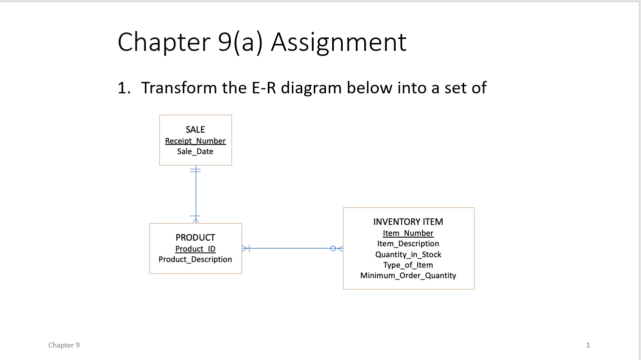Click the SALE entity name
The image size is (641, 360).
(x=195, y=130)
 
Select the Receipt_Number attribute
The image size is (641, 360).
(x=195, y=141)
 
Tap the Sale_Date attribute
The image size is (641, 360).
(x=195, y=151)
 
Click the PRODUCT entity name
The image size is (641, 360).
(x=195, y=238)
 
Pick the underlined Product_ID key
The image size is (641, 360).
(x=195, y=249)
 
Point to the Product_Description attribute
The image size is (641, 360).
(x=195, y=259)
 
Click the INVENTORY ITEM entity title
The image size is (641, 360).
(x=408, y=222)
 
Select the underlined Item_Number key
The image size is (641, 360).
(x=408, y=233)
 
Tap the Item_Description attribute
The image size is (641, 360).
(x=408, y=244)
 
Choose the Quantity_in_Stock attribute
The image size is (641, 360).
(x=408, y=255)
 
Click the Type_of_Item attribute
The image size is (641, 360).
(x=408, y=265)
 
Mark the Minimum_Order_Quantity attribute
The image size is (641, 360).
(x=408, y=276)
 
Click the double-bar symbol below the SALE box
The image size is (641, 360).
(x=196, y=170)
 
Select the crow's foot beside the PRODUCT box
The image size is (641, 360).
(x=246, y=248)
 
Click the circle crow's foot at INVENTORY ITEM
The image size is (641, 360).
(x=337, y=248)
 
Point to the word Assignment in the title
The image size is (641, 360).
(x=339, y=42)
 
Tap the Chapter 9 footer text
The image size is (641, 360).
(x=64, y=345)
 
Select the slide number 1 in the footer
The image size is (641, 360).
(x=588, y=345)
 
